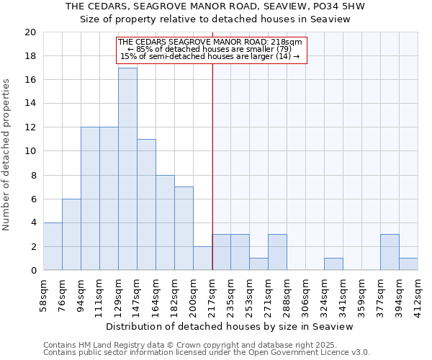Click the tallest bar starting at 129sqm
tap(127, 169)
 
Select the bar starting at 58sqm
tap(53, 246)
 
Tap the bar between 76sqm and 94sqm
tap(71, 235)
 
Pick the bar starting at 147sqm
tap(146, 204)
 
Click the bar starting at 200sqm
tap(202, 258)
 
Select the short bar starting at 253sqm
tap(258, 264)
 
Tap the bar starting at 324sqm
tap(333, 264)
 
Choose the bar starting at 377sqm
tap(390, 252)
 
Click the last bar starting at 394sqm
tap(408, 264)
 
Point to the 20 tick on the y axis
tap(30, 32)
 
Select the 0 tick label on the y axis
tap(33, 271)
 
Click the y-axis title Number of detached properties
tap(7, 155)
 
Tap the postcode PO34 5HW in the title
tap(341, 6)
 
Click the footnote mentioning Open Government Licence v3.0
tap(207, 353)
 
